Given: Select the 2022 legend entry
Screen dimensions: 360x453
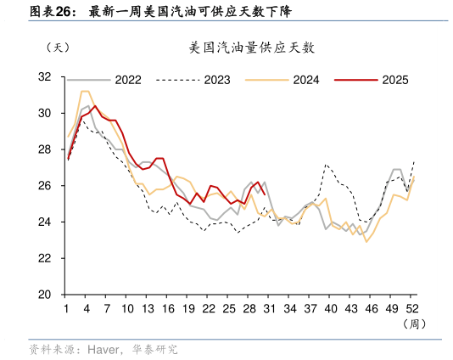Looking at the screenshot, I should [127, 80].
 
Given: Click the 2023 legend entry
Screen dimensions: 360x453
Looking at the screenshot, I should [216, 80].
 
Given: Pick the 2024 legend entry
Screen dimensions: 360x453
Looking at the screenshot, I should [305, 80].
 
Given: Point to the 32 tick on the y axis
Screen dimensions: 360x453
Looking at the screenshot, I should [44, 77].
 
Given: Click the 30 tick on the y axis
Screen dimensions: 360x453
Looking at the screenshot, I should [44, 113].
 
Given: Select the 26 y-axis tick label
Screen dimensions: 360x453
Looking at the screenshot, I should [44, 186].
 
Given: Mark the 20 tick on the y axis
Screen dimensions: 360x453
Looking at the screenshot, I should [44, 295].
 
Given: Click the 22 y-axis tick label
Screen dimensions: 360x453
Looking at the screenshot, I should [44, 258].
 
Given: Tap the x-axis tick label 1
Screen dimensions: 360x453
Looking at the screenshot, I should [67, 309].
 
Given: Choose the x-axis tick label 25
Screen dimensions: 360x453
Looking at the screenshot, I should [229, 309].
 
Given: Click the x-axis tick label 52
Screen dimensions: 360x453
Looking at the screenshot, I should [413, 309].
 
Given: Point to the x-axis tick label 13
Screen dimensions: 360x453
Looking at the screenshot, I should [148, 309].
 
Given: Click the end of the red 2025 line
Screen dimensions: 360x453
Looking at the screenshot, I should [264, 217].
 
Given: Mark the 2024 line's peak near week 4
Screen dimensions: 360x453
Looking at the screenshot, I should [85, 91].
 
